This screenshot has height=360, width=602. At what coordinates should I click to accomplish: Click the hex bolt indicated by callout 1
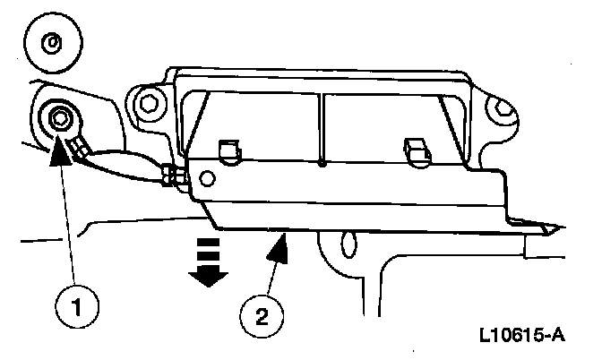[x=60, y=117]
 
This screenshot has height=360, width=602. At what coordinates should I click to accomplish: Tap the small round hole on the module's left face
[x=207, y=178]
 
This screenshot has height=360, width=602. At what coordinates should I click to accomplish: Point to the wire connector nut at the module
[x=174, y=177]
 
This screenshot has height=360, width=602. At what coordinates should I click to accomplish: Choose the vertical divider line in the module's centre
[x=321, y=125]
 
